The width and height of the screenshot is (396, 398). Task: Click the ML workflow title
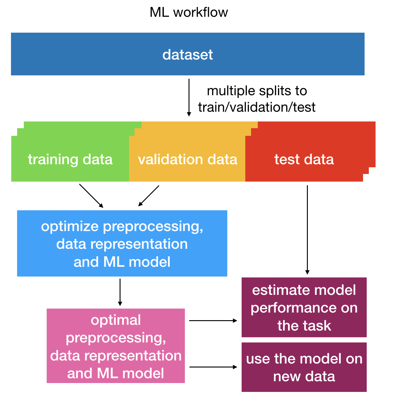[x=189, y=13]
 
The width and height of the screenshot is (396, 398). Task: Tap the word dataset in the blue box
[x=188, y=55]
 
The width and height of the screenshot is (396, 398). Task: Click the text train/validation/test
[x=257, y=107]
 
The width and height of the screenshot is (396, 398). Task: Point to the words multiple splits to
[x=257, y=91]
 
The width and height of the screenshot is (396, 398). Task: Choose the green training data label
[x=70, y=159]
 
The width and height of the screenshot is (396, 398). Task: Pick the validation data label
[x=188, y=159]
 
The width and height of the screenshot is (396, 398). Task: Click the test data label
[x=304, y=159]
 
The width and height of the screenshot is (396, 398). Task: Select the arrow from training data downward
[x=91, y=196]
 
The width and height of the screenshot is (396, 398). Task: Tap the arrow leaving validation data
[x=149, y=196]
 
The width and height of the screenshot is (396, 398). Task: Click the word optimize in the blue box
[x=70, y=226]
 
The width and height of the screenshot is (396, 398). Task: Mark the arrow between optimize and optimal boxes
[x=120, y=292]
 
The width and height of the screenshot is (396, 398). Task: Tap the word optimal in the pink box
[x=116, y=320]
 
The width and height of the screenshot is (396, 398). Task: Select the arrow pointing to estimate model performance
[x=213, y=320]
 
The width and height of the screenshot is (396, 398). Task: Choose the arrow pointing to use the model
[x=213, y=367]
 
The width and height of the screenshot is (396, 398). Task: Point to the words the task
[x=304, y=326]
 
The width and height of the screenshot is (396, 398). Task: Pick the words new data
[x=304, y=376]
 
